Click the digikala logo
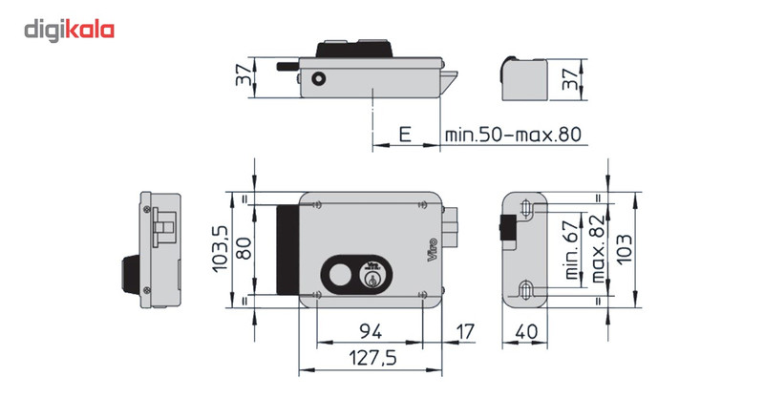pyautogui.click(x=69, y=31)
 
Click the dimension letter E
pyautogui.click(x=405, y=136)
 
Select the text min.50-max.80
pyautogui.click(x=513, y=136)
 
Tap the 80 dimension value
pyautogui.click(x=244, y=247)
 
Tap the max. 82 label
pyautogui.click(x=597, y=248)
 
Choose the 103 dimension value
pyautogui.click(x=626, y=248)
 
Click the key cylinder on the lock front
pyautogui.click(x=371, y=278)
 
